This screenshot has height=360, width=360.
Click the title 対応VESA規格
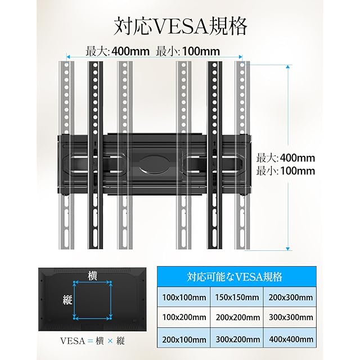[x=180, y=26]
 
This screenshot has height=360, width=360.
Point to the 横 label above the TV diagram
[x=93, y=275]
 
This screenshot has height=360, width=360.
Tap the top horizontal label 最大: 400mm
[x=118, y=51]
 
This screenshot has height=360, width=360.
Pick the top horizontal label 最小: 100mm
[x=188, y=51]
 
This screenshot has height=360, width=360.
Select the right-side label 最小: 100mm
[x=286, y=171]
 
